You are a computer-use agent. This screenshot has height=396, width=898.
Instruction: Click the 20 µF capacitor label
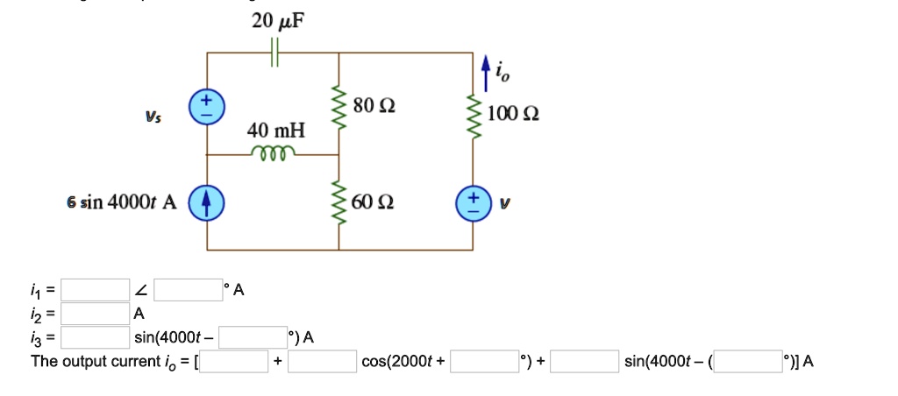pyautogui.click(x=279, y=21)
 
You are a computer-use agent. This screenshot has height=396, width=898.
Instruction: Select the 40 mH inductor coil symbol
pyautogui.click(x=273, y=152)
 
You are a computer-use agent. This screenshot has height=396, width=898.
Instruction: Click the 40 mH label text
pyautogui.click(x=276, y=131)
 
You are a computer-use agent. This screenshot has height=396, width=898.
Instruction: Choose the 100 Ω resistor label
pyautogui.click(x=514, y=115)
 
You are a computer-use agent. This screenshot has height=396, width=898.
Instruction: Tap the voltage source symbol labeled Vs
pyautogui.click(x=208, y=108)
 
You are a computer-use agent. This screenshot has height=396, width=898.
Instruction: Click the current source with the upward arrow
pyautogui.click(x=208, y=203)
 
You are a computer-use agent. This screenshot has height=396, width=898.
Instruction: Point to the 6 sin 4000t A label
pyautogui.click(x=121, y=203)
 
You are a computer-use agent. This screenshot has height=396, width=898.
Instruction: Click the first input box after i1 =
pyautogui.click(x=96, y=290)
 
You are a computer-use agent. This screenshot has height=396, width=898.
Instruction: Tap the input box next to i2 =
pyautogui.click(x=96, y=314)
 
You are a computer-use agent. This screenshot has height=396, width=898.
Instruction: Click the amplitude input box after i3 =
pyautogui.click(x=96, y=337)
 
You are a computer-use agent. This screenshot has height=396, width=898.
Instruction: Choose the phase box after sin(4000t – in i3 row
pyautogui.click(x=253, y=337)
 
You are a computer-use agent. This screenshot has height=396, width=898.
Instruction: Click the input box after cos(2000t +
pyautogui.click(x=484, y=361)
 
